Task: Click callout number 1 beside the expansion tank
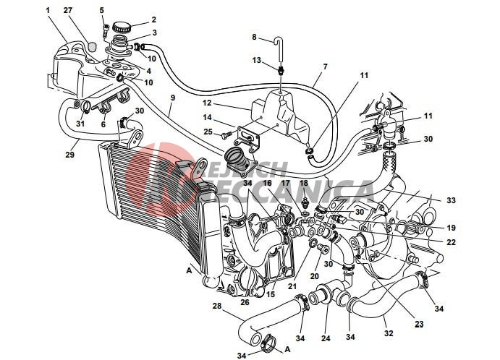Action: (48, 11)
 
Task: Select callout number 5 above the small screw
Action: (102, 10)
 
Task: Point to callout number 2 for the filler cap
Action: (153, 20)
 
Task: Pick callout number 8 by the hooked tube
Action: (254, 36)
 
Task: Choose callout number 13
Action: (256, 60)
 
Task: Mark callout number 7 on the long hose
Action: (325, 67)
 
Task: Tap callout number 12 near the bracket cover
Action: (206, 103)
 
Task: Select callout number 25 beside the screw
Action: (207, 132)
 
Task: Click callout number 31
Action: (80, 123)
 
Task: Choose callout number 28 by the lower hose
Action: (216, 307)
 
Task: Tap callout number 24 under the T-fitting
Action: (325, 337)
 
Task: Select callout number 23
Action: (419, 324)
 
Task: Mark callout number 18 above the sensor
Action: (303, 184)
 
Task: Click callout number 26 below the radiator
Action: (244, 302)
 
